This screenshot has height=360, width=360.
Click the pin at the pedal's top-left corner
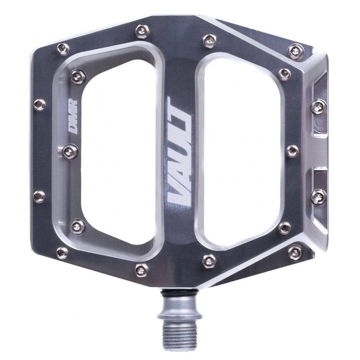63,49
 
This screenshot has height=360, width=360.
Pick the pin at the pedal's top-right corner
296,51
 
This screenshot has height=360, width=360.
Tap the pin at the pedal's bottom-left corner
62,253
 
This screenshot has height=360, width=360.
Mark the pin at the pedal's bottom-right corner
295,252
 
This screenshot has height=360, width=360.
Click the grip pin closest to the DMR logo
70,151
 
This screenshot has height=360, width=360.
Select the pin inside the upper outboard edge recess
319,107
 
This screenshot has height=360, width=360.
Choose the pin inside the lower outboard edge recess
319,196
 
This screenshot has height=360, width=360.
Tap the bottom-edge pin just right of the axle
209,260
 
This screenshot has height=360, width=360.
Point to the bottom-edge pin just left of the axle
141,269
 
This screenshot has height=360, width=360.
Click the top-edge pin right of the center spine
209,40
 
